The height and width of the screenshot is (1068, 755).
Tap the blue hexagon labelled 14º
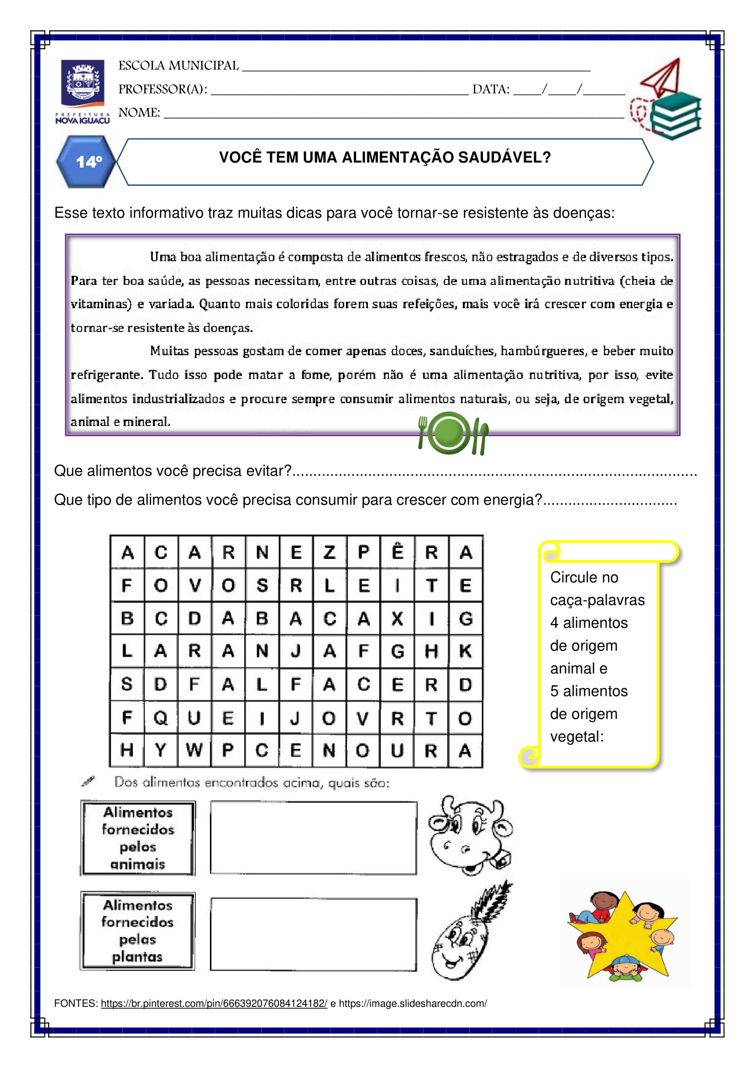click(x=86, y=162)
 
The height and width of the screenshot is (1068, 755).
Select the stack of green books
click(x=675, y=116)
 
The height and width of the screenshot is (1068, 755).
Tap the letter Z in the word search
click(x=330, y=552)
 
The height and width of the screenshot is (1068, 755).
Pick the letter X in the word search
click(x=397, y=619)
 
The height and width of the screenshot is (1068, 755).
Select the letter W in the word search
click(x=194, y=750)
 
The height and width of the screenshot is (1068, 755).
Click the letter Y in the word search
click(x=160, y=750)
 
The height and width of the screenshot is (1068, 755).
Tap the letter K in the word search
click(x=465, y=651)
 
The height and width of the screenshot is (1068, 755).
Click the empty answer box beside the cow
click(x=313, y=838)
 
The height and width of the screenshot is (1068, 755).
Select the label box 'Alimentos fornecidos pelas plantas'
click(x=137, y=931)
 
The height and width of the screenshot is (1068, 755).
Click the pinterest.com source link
click(x=214, y=1003)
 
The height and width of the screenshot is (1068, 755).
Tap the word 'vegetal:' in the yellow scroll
click(x=577, y=737)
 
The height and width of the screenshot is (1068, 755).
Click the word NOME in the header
click(x=139, y=113)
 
